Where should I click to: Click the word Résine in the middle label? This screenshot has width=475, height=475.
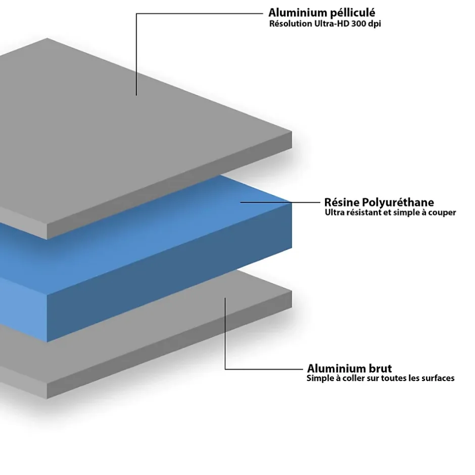pos(338,203)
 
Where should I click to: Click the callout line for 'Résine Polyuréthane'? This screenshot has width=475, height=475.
pos(283,203)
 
